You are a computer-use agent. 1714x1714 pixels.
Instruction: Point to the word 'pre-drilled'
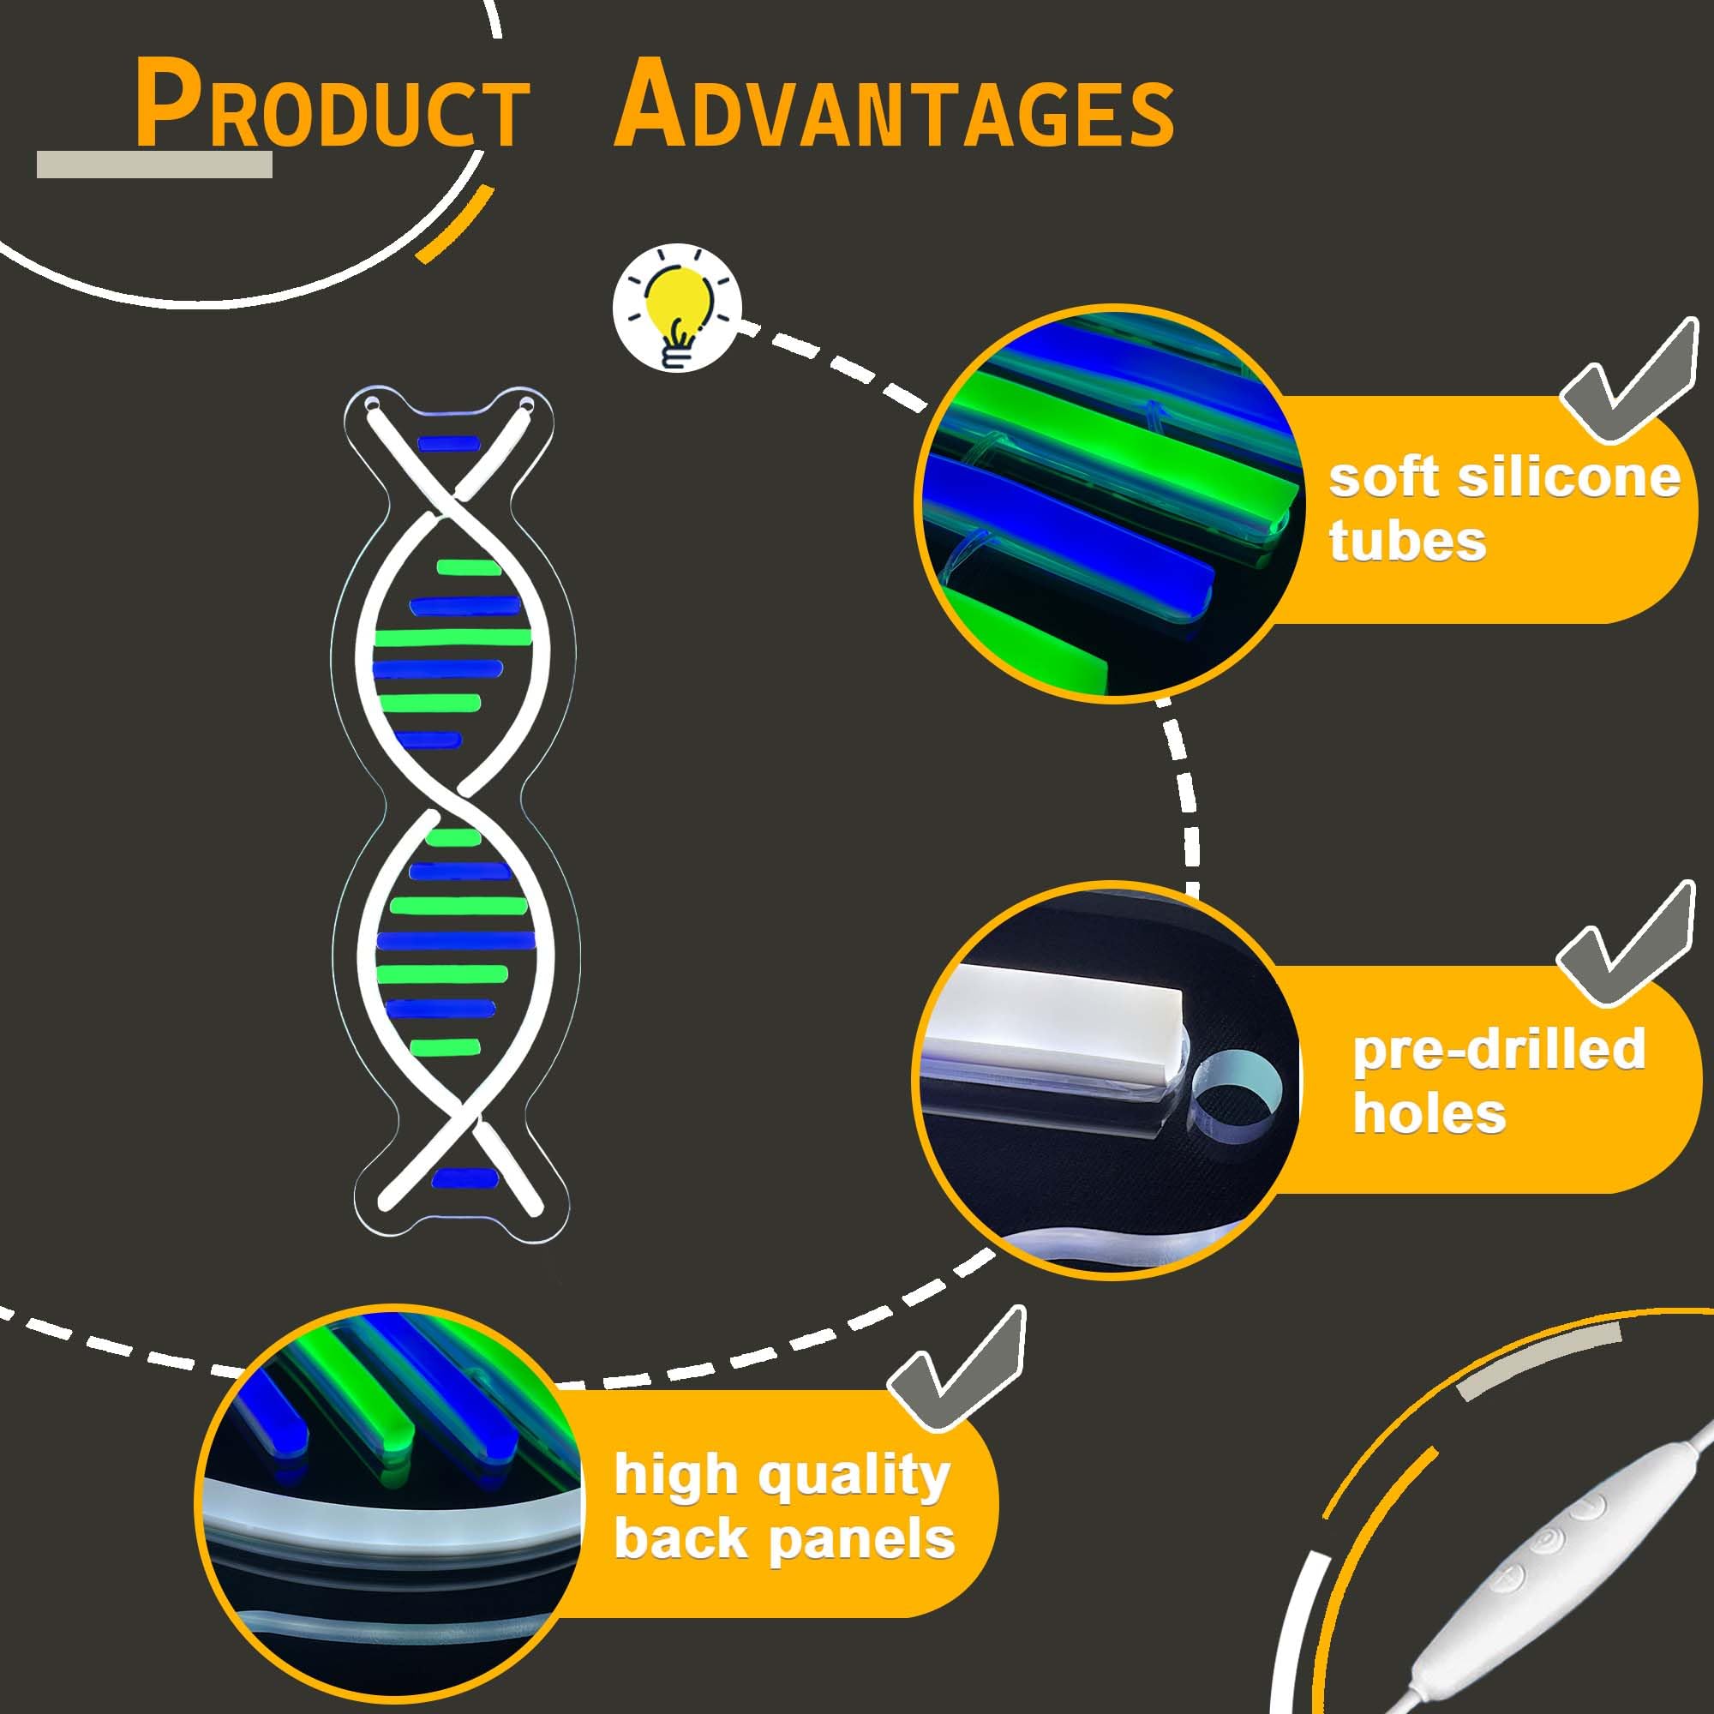point(1498,1049)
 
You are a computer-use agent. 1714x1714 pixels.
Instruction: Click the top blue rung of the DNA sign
point(448,443)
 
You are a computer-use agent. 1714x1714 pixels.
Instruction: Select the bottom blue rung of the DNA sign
point(464,1178)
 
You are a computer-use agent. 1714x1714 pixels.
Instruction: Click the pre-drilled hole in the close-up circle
point(1236,1092)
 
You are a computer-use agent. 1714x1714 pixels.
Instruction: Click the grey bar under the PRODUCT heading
point(154,165)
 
